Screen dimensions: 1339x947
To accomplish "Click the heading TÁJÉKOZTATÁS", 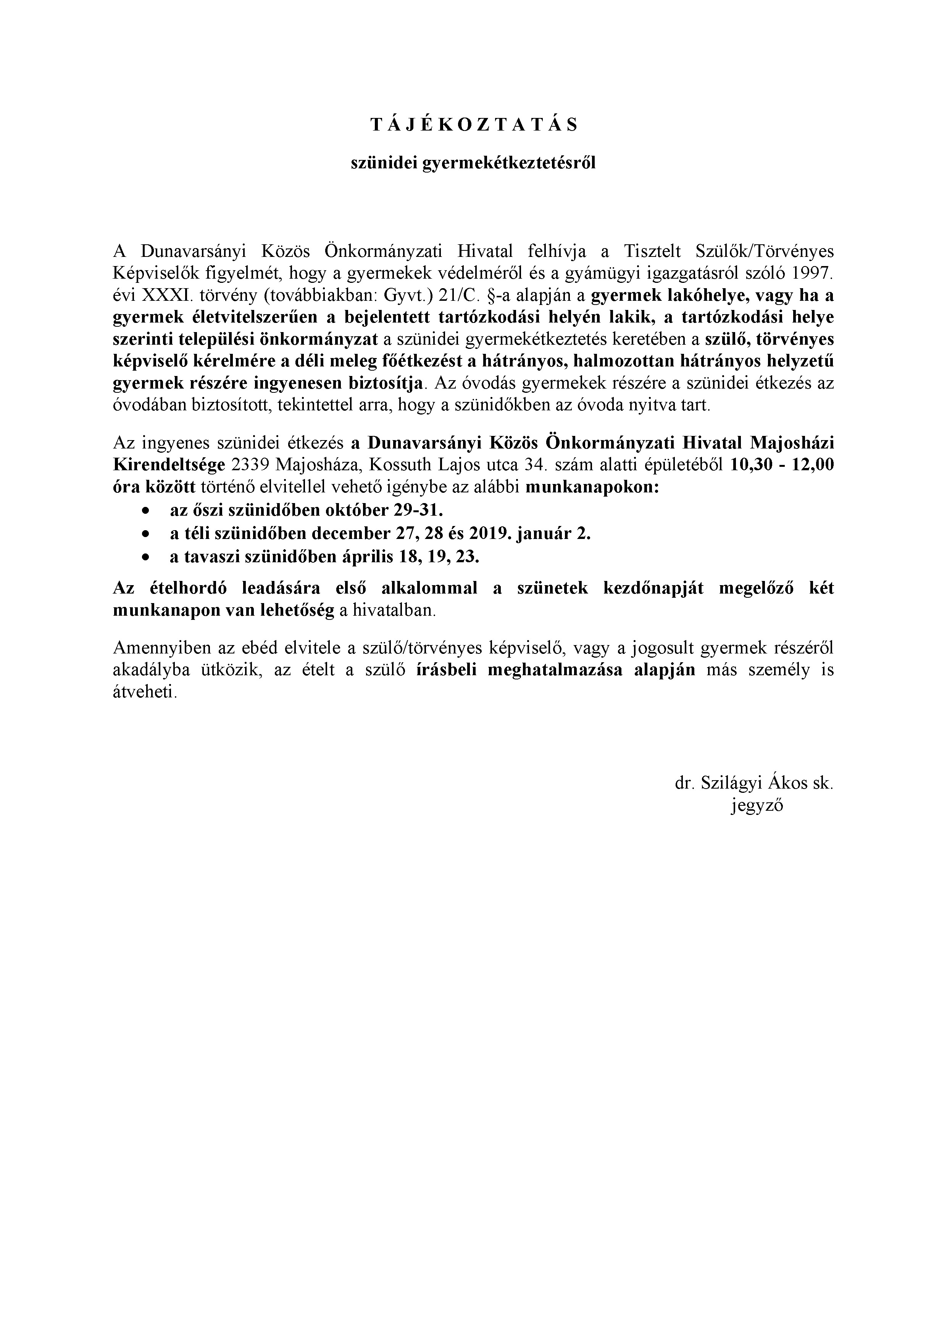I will [x=473, y=125].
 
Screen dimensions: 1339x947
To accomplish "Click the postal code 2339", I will [x=250, y=465].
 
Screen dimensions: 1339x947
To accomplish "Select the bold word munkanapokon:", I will [x=592, y=487].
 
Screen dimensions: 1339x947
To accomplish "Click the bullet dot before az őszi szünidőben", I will [x=145, y=510].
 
